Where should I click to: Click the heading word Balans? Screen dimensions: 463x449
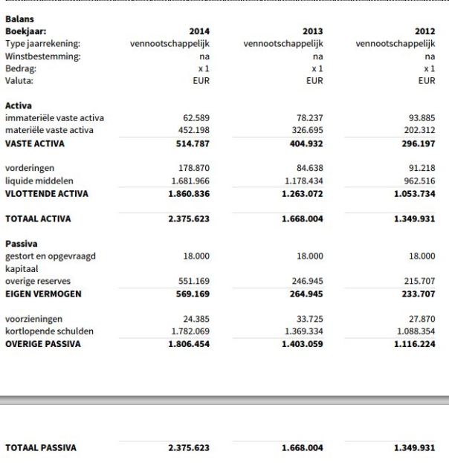coord(19,19)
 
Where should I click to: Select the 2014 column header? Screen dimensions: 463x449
coord(200,31)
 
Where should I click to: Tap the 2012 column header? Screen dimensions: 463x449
coord(424,31)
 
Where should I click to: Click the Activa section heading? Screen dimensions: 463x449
coord(19,106)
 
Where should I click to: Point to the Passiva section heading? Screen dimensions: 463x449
coord(21,243)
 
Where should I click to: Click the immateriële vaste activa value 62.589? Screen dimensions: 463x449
coord(196,118)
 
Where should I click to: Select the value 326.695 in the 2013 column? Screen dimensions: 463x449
coord(307,131)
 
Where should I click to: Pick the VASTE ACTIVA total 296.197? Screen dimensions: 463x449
coord(417,143)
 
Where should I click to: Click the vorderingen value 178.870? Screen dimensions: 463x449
coord(194,169)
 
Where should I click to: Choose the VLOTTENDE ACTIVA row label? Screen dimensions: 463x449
coord(46,194)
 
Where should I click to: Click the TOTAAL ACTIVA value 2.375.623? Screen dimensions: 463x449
coord(189,219)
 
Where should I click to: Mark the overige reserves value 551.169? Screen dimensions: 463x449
coord(194,282)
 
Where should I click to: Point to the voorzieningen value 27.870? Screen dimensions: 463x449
coord(421,320)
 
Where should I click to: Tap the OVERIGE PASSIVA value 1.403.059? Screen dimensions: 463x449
coord(302,345)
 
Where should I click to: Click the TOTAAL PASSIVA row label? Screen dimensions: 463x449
coord(41,447)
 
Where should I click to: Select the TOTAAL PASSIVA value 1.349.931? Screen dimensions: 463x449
coord(414,448)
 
